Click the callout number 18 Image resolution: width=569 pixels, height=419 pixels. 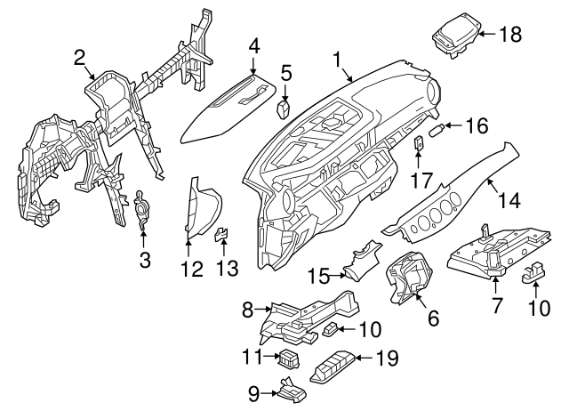point(510,35)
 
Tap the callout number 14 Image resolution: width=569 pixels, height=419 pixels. point(509,200)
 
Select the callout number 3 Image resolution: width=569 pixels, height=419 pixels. point(145,260)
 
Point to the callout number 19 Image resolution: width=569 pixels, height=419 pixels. point(388,358)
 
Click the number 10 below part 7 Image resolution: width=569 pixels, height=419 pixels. point(539,308)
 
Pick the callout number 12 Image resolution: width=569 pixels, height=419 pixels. point(192,269)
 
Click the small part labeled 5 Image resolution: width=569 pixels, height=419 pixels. point(284,109)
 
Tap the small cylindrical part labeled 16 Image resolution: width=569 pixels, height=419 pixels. point(437,130)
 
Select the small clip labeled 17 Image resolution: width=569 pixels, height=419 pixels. point(419,142)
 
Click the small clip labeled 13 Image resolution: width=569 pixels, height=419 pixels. point(221,234)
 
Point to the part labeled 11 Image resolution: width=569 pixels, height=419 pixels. point(288,359)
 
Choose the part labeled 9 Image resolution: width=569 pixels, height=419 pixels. point(292,391)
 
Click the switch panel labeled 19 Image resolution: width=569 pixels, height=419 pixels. point(333,367)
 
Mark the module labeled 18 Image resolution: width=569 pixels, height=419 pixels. point(458,36)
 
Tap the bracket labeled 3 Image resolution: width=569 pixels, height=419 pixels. point(141,209)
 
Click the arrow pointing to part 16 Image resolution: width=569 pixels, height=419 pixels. point(454,125)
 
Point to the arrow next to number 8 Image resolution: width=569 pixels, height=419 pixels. point(263,310)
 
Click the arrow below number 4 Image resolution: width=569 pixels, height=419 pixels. point(252,67)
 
